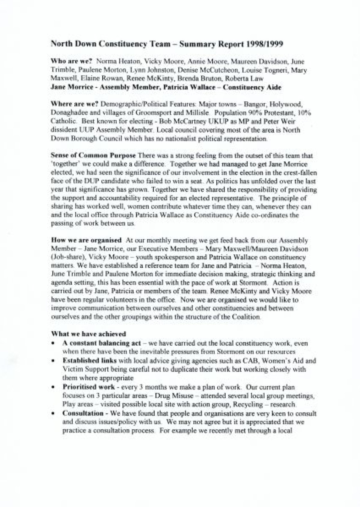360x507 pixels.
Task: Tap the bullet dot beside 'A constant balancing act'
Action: pos(53,343)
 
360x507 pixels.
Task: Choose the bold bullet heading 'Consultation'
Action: pos(83,413)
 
